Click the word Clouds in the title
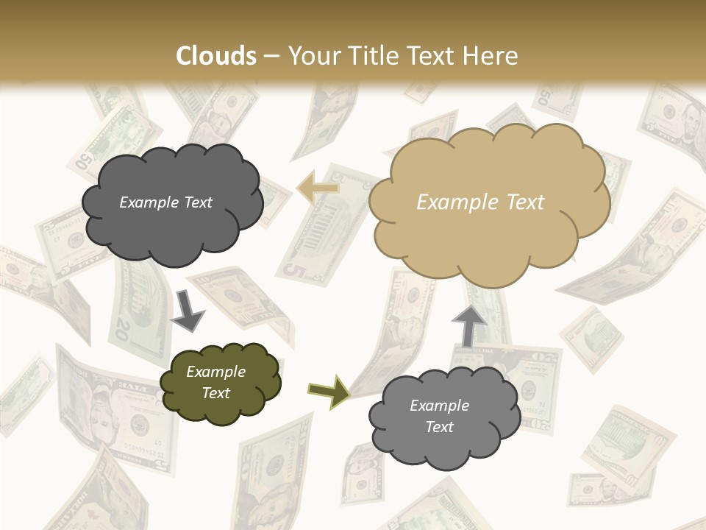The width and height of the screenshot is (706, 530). point(216,56)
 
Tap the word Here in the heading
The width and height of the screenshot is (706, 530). point(493,56)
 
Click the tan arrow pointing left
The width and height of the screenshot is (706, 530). point(318,187)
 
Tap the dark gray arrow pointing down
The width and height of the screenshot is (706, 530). point(188,310)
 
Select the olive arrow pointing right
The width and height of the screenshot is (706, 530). point(329,390)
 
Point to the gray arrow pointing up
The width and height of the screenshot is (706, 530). point(468,325)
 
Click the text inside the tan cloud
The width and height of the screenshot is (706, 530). point(481,202)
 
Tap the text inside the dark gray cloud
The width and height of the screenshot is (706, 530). point(165,202)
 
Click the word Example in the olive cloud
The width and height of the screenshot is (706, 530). point(216,372)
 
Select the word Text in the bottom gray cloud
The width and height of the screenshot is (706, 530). point(439,427)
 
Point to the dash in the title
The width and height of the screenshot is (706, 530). point(271,57)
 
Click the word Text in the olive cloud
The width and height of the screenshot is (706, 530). point(216,393)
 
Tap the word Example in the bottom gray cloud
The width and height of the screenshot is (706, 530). point(439,406)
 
